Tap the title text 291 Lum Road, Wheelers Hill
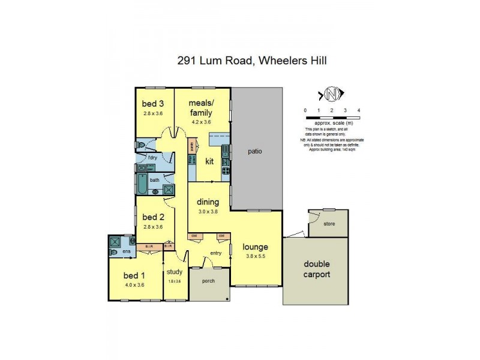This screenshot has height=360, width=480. pyautogui.click(x=251, y=60)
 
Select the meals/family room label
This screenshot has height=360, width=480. pyautogui.click(x=202, y=108)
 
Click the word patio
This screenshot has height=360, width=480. pyautogui.click(x=255, y=151)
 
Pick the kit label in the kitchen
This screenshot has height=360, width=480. pyautogui.click(x=209, y=161)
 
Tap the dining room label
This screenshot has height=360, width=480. pyautogui.click(x=208, y=202)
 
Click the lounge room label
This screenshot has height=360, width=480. pyautogui.click(x=255, y=247)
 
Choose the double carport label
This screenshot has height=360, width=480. pyautogui.click(x=316, y=269)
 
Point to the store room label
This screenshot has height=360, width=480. pyautogui.click(x=328, y=224)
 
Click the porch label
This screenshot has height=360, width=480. pyautogui.click(x=209, y=280)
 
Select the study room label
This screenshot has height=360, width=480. pyautogui.click(x=175, y=272)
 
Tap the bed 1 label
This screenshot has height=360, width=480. pyautogui.click(x=134, y=275)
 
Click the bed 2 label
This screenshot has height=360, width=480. pyautogui.click(x=153, y=217)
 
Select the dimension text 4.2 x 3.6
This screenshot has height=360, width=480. pyautogui.click(x=202, y=122)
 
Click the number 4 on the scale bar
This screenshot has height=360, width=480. pyautogui.click(x=358, y=110)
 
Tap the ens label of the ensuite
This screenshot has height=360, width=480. pyautogui.click(x=127, y=253)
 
